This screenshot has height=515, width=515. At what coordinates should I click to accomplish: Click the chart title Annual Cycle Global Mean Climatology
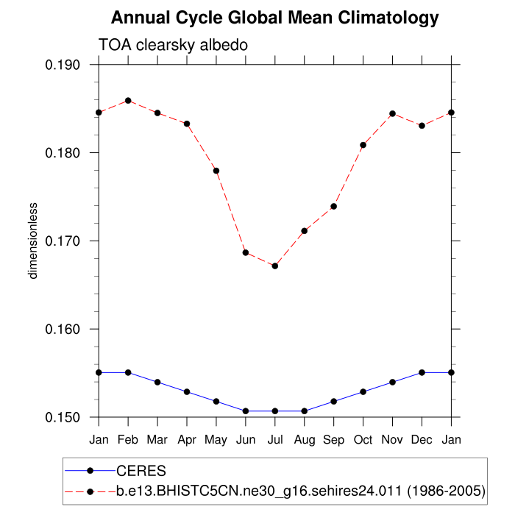[274, 18]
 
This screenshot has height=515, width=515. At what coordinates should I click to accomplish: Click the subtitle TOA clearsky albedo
[172, 45]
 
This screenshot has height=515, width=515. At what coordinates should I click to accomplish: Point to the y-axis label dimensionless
[32, 241]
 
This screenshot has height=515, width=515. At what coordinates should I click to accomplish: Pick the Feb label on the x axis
[128, 439]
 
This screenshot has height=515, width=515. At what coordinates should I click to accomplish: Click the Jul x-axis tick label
[275, 439]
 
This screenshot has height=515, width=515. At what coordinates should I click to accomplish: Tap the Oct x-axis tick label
[363, 439]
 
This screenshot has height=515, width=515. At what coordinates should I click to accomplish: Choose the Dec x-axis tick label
[422, 439]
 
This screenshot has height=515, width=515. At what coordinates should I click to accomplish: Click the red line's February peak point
[128, 101]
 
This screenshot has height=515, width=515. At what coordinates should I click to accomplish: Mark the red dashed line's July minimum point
[275, 266]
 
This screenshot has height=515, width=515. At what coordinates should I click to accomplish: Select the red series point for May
[216, 171]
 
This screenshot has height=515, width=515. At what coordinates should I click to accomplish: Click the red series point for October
[363, 145]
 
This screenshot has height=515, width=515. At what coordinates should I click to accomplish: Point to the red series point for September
[334, 206]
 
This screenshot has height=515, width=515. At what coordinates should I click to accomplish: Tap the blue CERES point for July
[275, 411]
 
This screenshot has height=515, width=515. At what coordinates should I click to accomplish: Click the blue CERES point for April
[187, 391]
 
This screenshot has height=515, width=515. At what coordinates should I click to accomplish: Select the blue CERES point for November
[393, 382]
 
